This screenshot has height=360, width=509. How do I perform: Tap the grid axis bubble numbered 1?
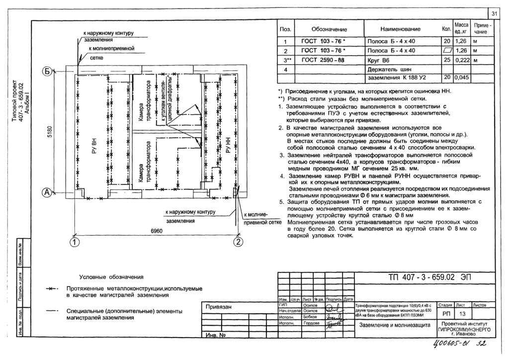[x=74, y=243]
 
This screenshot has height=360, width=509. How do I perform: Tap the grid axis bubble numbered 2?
[x=238, y=243]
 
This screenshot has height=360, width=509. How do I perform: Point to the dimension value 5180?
[x=49, y=133]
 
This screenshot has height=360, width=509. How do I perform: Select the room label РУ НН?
[x=229, y=147]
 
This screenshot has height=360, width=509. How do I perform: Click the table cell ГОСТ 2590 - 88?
[x=323, y=60]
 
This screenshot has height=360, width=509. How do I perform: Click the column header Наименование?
[x=400, y=29]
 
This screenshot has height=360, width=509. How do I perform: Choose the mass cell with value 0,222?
[x=462, y=60]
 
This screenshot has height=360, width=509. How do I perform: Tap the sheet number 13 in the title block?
[x=462, y=314]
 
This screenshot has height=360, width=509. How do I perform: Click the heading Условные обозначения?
[x=111, y=277]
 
